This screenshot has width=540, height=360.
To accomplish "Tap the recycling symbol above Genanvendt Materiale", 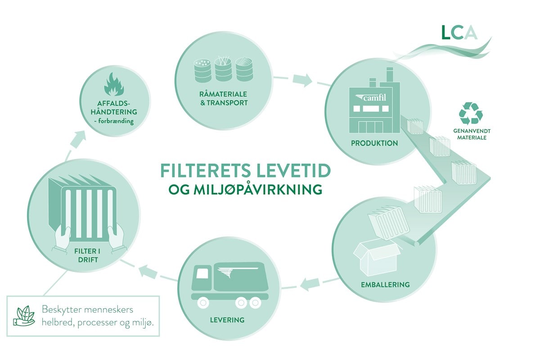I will (471, 113).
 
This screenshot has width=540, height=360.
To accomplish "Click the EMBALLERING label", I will (385, 284).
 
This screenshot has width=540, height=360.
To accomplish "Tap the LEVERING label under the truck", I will (227, 320).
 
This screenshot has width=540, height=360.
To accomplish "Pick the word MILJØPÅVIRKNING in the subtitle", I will (265, 189).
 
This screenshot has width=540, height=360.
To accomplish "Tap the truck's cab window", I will (203, 273).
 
